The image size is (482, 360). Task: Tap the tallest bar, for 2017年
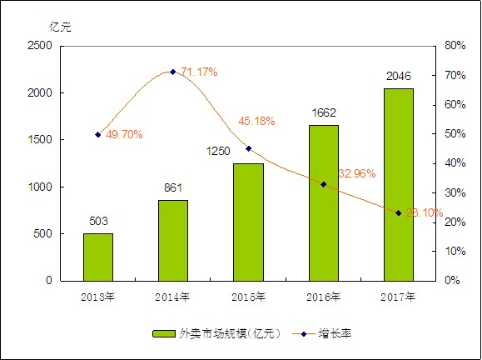tap(398, 184)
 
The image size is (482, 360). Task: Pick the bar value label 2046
tap(398, 77)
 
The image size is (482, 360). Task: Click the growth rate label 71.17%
tap(199, 72)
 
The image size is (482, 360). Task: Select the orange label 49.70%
tap(124, 133)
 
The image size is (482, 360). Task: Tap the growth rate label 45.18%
tap(257, 121)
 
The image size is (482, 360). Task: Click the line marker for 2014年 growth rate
tap(173, 72)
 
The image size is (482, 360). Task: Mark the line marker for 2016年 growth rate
tap(324, 184)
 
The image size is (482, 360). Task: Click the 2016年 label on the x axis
tap(323, 296)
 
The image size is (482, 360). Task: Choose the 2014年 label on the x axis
tap(173, 296)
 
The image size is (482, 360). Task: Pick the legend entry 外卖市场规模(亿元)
tap(217, 333)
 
